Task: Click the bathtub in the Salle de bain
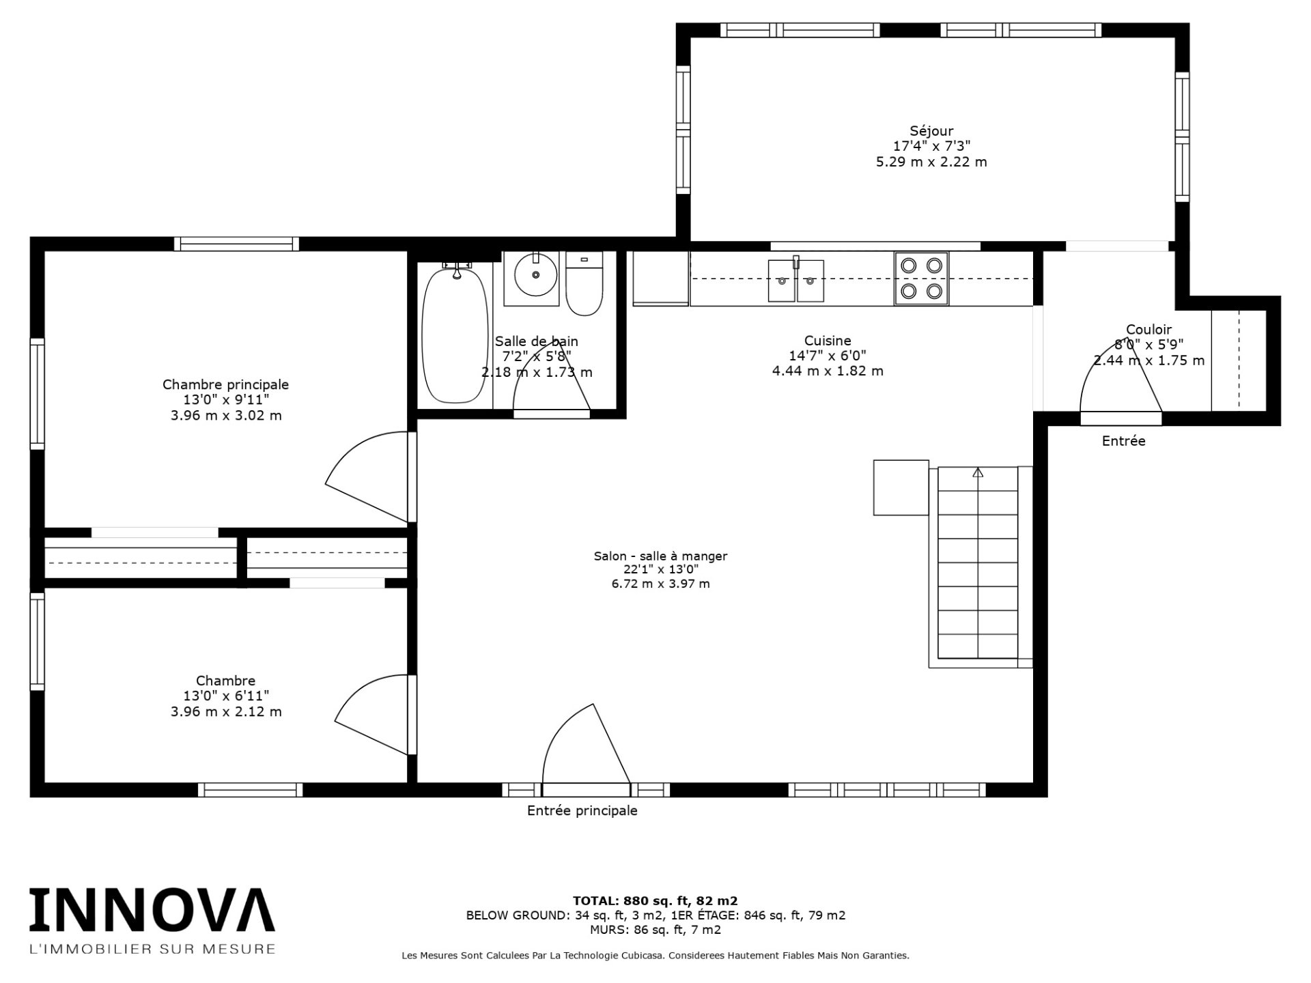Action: point(455,334)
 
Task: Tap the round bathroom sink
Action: point(535,274)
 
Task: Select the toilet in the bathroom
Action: point(584,283)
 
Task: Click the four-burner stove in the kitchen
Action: point(921,279)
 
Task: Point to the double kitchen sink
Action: point(796,280)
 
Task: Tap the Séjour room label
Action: point(931,130)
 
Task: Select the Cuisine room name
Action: point(828,340)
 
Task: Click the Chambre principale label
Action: point(225,384)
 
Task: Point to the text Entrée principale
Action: point(582,810)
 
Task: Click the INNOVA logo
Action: point(152,909)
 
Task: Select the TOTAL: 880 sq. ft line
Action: point(655,900)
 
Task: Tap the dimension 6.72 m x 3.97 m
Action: point(660,584)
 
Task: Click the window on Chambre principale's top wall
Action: point(236,244)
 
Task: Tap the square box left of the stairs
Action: point(901,487)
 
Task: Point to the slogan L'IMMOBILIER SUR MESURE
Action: point(152,949)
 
